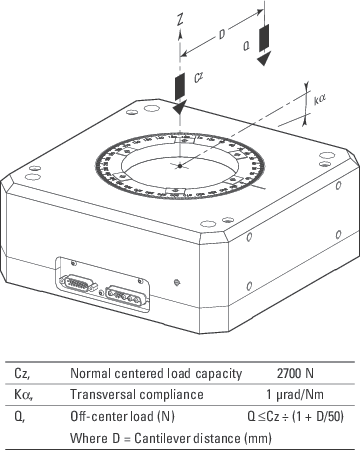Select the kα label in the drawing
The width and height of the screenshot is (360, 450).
tap(321, 100)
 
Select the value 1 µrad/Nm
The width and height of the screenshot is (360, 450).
tap(296, 394)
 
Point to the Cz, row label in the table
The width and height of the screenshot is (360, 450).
tap(21, 374)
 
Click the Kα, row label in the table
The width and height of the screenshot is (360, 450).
tap(22, 394)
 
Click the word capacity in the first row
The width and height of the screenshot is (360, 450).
tap(217, 374)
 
